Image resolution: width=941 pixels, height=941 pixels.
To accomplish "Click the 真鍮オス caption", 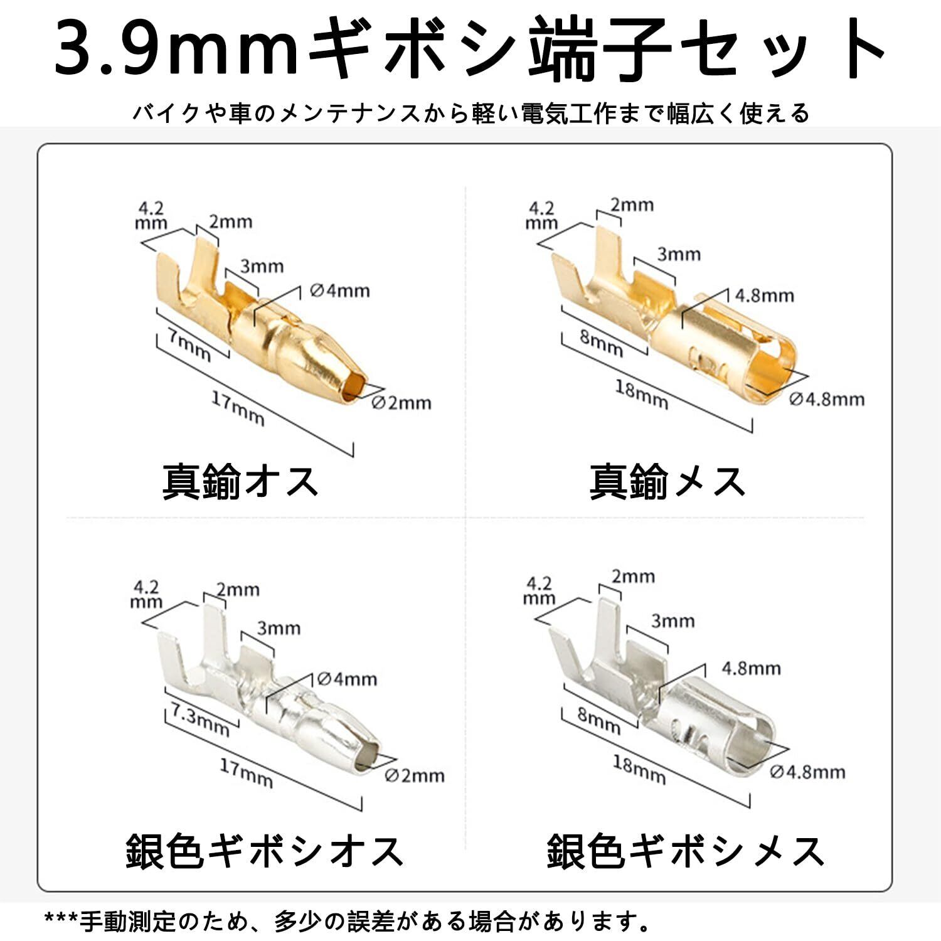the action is (240, 482).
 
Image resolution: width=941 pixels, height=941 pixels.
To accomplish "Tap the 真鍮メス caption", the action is (667, 482).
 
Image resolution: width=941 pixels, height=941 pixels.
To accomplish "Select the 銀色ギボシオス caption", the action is (263, 851).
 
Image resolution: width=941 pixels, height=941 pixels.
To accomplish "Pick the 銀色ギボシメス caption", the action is (685, 851).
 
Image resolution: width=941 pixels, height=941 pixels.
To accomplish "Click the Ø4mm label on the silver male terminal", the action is (347, 679).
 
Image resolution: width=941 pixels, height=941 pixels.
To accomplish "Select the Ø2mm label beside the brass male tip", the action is (401, 403).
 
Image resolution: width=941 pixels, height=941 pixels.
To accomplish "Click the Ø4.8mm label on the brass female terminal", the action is (827, 399).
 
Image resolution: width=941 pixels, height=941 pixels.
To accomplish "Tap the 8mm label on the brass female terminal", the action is (601, 343).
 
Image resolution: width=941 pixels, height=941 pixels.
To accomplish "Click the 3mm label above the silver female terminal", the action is (673, 621).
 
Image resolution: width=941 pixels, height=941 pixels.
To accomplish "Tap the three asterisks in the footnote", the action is (61, 922).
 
